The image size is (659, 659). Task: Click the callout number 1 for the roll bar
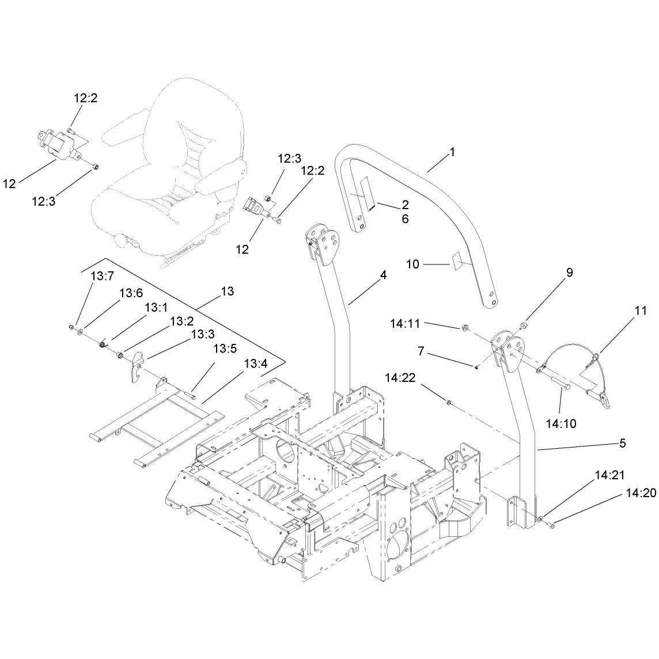coord(452,152)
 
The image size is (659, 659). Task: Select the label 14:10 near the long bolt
coord(561,423)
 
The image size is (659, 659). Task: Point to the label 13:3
coord(203,334)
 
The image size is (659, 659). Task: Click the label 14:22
coord(400,377)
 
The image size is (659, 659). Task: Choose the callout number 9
coord(570,272)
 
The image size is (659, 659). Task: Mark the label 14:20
coord(641,493)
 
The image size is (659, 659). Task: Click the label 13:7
coord(103,276)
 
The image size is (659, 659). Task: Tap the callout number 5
coord(623,443)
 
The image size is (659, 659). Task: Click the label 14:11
coord(405,323)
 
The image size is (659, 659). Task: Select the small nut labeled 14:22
coord(449,403)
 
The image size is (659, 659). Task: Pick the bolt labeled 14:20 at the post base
coord(551,524)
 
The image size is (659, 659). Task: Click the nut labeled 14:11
coord(465,327)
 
